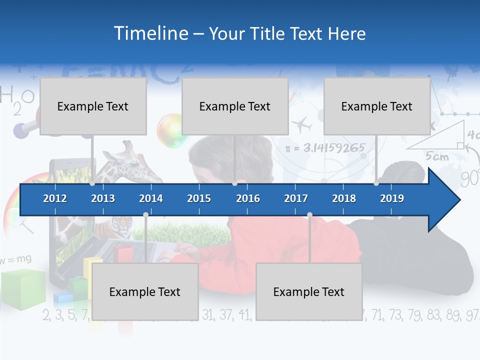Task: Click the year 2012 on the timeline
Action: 55,198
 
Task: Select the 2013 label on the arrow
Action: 103,198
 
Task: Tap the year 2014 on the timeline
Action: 151,198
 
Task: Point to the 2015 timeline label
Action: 199,198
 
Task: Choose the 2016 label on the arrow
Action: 248,198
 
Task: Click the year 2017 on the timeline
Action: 296,198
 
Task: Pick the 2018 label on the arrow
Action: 344,198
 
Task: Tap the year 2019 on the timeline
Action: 392,198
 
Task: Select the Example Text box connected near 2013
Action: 93,106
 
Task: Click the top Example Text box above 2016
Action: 235,106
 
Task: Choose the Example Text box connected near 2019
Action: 377,106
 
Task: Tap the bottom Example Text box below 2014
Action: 145,292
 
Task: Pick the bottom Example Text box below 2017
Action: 309,292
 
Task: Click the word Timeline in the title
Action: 150,33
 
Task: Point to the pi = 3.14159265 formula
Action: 325,148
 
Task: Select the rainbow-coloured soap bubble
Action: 172,130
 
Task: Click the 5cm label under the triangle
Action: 437,156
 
